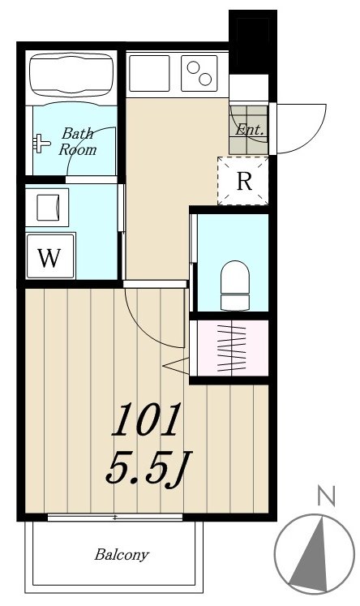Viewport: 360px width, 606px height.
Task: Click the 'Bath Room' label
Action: pyautogui.click(x=78, y=141)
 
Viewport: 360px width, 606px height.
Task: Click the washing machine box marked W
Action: pyautogui.click(x=50, y=258)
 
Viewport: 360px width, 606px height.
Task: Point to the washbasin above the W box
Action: pyautogui.click(x=48, y=207)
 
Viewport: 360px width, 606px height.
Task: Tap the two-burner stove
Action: pyautogui.click(x=199, y=74)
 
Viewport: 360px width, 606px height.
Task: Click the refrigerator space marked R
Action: pyautogui.click(x=244, y=181)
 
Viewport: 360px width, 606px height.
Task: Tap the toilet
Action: pyautogui.click(x=236, y=283)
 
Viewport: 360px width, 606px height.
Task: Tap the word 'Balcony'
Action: pyautogui.click(x=122, y=556)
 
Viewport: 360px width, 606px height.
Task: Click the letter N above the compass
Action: pyautogui.click(x=326, y=495)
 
